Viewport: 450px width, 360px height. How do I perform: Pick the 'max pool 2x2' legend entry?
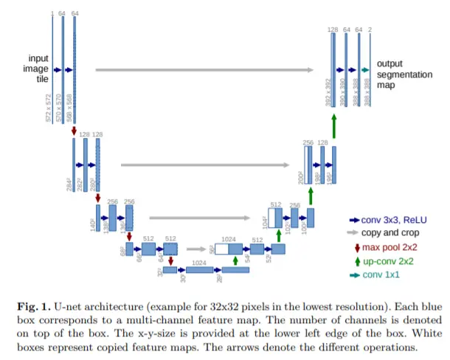point(395,246)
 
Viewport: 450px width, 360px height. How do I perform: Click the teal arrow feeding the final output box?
point(364,69)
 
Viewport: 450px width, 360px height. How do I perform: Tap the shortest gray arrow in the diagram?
point(195,249)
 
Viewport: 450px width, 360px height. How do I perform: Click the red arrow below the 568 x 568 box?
point(75,131)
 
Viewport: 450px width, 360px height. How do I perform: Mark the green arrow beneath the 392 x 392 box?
point(333,125)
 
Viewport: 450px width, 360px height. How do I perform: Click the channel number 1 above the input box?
point(52,13)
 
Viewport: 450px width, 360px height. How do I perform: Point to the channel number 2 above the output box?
point(370,29)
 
